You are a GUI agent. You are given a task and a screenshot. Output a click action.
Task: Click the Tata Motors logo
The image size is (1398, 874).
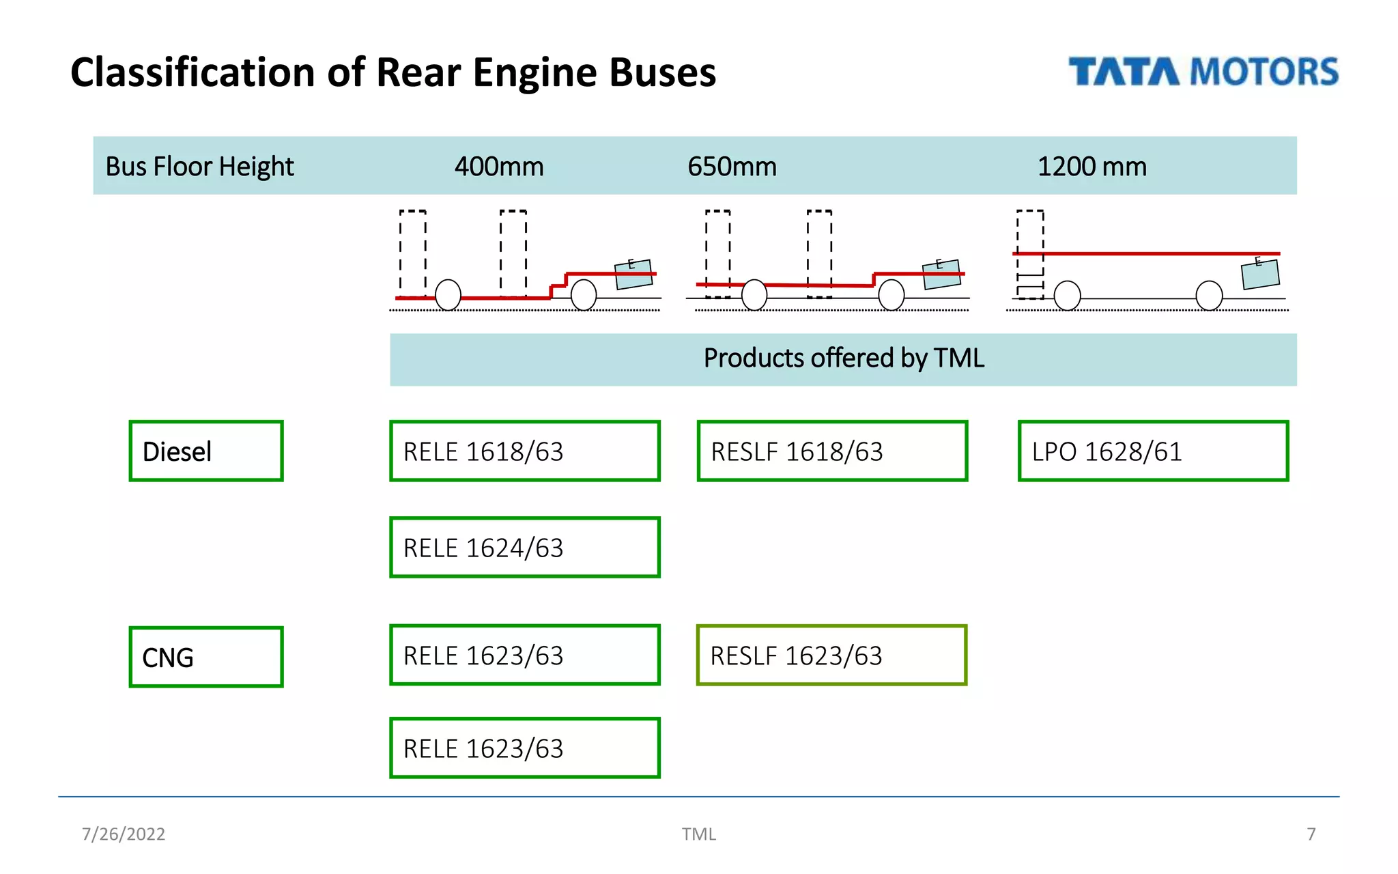(1203, 72)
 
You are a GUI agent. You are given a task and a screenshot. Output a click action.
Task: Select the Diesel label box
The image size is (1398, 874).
(205, 451)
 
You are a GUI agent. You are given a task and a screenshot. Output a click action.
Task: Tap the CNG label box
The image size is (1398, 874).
(205, 657)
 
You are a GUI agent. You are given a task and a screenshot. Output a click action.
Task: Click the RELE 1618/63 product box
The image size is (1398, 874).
(524, 451)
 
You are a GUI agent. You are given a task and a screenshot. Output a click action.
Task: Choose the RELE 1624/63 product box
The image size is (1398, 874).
(524, 548)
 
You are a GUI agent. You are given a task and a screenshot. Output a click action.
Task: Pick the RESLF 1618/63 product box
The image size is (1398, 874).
(832, 451)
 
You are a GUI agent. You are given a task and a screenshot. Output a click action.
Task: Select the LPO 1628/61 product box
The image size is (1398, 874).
(1153, 451)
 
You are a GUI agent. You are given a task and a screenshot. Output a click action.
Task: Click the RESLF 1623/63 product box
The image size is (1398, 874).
(831, 655)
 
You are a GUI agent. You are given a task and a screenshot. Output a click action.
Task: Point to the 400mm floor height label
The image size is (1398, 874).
(499, 167)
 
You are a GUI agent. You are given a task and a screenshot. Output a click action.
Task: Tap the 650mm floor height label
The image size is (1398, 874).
(732, 167)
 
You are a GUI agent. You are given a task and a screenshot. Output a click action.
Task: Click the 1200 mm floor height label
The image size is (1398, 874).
(1092, 167)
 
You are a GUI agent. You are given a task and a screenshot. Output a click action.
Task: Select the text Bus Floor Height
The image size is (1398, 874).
(199, 167)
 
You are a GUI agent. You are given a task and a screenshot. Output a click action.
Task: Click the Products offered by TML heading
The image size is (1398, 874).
(844, 358)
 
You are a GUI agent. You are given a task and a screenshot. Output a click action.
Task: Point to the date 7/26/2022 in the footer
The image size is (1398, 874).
(124, 834)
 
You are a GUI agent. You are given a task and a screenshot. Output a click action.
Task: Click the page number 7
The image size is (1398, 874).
(1311, 834)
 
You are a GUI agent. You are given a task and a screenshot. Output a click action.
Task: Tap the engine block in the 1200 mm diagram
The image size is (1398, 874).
(1259, 274)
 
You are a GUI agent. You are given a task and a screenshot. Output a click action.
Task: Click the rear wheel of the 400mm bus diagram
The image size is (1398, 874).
(584, 296)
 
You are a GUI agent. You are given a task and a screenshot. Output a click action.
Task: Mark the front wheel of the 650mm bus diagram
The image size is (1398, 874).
(754, 296)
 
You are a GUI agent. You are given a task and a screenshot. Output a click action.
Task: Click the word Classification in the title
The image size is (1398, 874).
(193, 72)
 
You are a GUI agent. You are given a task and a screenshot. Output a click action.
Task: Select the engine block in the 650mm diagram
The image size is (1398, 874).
(941, 274)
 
